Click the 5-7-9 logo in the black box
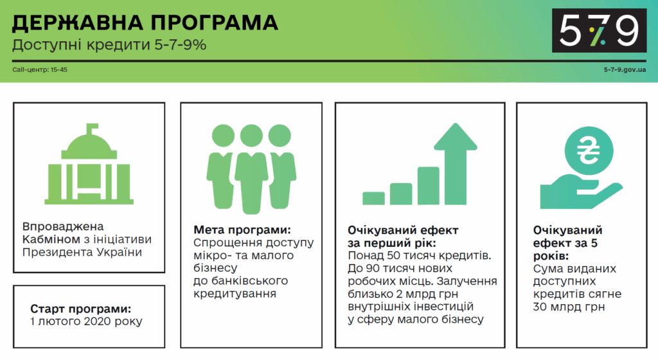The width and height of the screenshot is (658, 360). click(599, 30)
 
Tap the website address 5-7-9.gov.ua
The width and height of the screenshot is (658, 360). click(625, 69)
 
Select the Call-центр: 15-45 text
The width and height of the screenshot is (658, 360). click(40, 69)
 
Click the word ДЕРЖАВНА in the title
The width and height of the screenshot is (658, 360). click(78, 22)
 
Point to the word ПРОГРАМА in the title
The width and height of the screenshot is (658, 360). click(214, 22)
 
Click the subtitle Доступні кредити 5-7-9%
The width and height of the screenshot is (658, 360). click(109, 45)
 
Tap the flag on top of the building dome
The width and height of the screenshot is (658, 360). click(92, 128)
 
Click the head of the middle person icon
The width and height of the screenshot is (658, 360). click(251, 136)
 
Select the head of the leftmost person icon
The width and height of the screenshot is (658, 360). click(223, 136)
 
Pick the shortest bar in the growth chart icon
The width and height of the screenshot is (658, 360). click(373, 198)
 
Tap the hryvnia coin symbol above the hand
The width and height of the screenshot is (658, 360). click(589, 151)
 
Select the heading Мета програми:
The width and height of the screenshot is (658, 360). click(242, 230)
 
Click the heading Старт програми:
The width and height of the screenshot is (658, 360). click(80, 309)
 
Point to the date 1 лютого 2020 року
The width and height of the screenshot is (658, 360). click(86, 321)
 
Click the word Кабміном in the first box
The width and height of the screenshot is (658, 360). click(51, 240)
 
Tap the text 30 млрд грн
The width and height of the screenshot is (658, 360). click(569, 307)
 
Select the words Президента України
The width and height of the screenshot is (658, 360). click(82, 252)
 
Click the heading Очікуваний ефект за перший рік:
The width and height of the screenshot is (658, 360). click(403, 237)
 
